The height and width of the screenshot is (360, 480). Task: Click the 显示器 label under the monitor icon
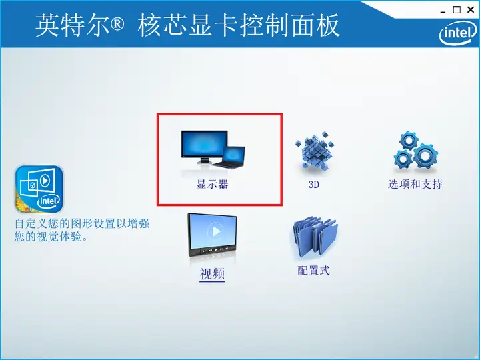(x=212, y=184)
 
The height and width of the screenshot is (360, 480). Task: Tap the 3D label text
(x=314, y=184)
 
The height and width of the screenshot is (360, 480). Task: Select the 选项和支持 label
(x=415, y=184)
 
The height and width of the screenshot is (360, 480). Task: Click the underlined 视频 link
(x=212, y=273)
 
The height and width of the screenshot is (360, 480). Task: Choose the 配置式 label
(x=313, y=270)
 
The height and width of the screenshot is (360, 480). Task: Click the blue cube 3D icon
(x=315, y=150)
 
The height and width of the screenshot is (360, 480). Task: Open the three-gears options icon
(x=415, y=150)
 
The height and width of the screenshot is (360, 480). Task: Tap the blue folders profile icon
(x=315, y=236)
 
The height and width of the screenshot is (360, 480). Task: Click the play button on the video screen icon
(x=215, y=231)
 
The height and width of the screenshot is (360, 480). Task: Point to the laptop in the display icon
(x=229, y=157)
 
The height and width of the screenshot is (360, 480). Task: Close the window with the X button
(x=471, y=10)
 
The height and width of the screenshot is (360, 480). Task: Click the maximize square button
(x=457, y=10)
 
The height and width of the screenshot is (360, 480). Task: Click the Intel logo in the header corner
(x=457, y=33)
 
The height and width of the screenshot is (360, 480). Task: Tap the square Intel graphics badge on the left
(x=39, y=189)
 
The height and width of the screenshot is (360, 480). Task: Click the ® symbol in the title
(x=116, y=23)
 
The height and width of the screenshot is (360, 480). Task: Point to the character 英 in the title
(x=47, y=25)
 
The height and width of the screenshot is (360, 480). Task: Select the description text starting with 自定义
(x=82, y=230)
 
